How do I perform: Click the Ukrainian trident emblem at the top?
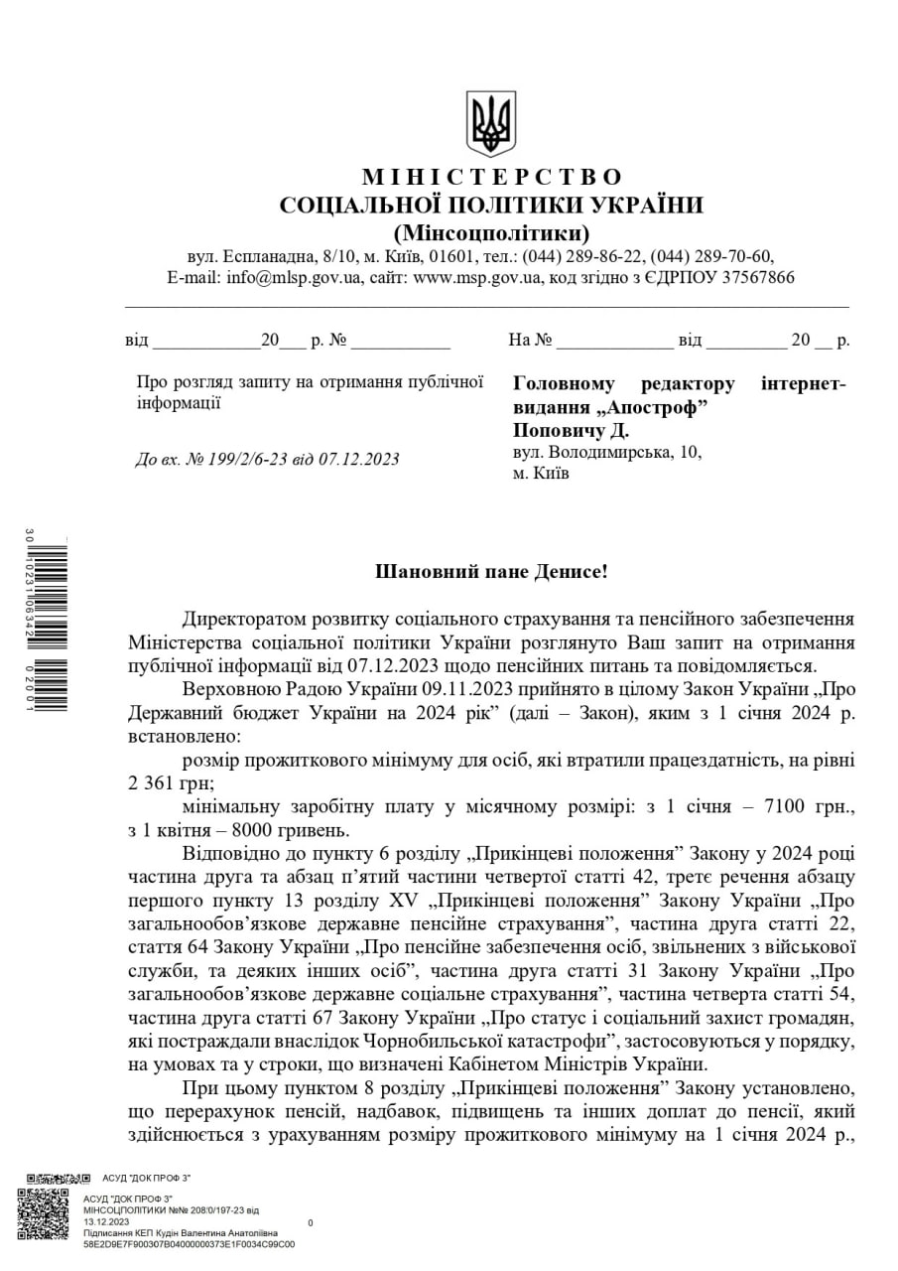tap(491, 123)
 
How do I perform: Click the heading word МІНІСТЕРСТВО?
tap(492, 178)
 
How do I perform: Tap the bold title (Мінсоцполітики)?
tap(491, 234)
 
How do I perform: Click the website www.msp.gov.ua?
tap(476, 278)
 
